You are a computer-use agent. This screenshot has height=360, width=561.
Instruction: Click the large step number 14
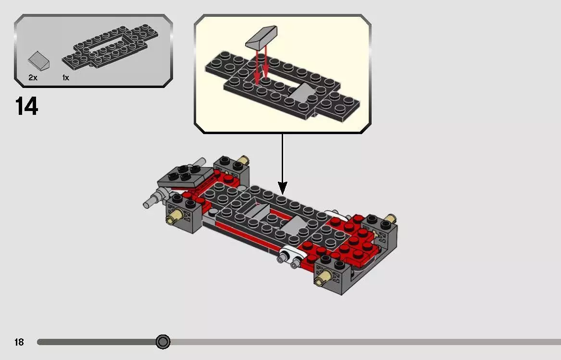coord(27,106)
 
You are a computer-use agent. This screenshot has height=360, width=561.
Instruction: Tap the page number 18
coord(19,342)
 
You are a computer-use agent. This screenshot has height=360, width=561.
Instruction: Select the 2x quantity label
coord(33,77)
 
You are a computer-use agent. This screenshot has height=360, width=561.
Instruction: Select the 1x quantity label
coord(65,77)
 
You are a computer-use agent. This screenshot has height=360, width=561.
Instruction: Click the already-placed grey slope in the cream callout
coord(300,92)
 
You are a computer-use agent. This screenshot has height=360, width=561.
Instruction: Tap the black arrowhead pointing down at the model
coord(283,188)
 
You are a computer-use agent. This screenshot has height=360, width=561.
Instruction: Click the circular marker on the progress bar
coord(163,342)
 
